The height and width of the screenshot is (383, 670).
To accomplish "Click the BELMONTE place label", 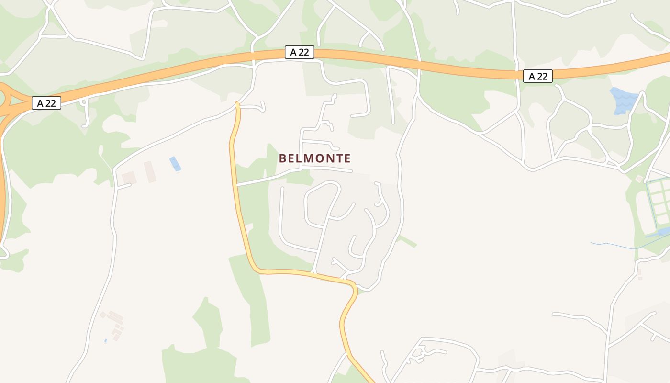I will coord(315,158).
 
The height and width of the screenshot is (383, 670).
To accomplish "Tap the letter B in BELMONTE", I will coord(282,158).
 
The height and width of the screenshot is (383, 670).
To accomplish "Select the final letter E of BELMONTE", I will coord(347,158).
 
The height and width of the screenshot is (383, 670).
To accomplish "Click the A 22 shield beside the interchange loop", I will coord(46,103).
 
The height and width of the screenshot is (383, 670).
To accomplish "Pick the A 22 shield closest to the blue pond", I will coord(538,76).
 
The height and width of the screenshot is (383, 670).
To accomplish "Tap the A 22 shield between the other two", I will coord(300,52).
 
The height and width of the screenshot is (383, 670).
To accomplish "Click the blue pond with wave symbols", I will coord(624,101).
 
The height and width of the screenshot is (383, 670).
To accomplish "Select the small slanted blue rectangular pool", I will coord(175,164).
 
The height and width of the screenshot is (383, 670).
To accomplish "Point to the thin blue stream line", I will coord(617,247).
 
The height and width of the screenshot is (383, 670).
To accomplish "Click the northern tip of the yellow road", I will coord(237,103).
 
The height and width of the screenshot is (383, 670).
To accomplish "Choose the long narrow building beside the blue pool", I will coord(150,171).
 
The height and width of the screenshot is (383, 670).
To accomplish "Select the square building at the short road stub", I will coord(129,178).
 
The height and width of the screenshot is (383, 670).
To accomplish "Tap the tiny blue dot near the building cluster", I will coord(106,341).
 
